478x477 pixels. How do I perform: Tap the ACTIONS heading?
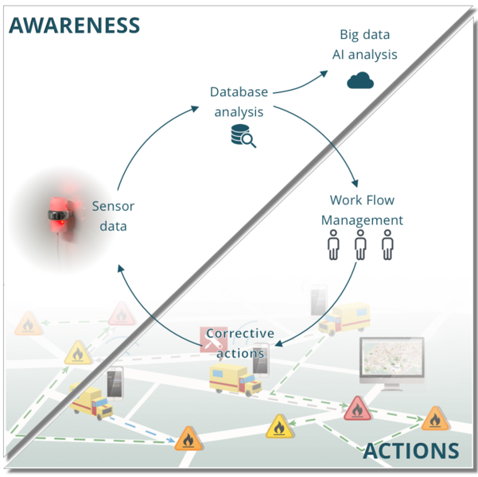coord(411,452)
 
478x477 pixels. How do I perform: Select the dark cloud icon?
coord(360,79)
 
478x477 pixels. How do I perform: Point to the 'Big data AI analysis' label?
coord(364,45)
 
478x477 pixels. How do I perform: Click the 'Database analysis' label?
coord(239,102)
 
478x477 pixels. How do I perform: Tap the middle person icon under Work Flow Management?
coord(360,246)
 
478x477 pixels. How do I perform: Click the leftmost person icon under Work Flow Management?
coord(334,246)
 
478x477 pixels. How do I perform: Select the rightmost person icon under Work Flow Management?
coord(387,246)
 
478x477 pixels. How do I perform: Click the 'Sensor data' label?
coord(113,216)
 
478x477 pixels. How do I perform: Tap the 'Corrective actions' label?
coord(240,343)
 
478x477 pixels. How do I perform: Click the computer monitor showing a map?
coord(391,363)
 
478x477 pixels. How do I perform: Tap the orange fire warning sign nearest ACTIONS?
coord(435,418)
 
